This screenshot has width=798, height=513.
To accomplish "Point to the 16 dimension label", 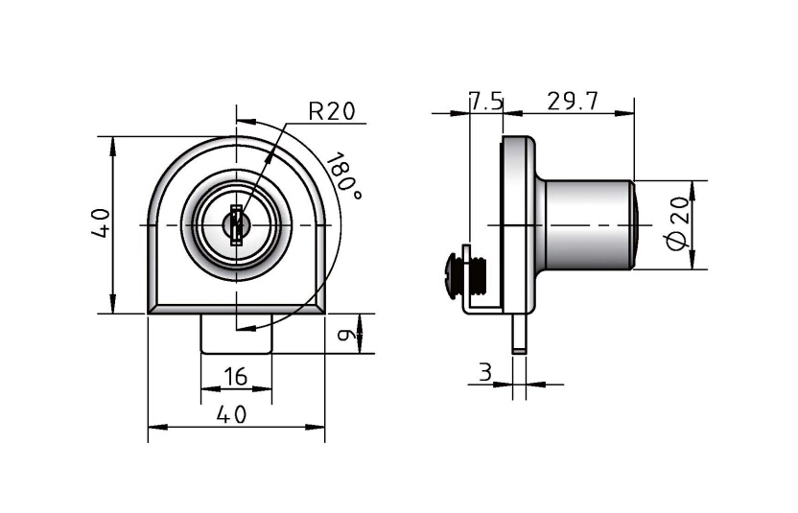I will tap(236, 377).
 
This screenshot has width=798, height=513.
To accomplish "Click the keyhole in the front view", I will tap(236, 224).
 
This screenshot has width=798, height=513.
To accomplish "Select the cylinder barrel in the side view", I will tap(587, 224).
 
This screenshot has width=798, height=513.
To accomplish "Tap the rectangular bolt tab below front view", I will tap(236, 333).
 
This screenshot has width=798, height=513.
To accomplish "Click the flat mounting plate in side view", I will tap(519, 224).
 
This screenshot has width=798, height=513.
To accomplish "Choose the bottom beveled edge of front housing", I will tap(236, 310).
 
